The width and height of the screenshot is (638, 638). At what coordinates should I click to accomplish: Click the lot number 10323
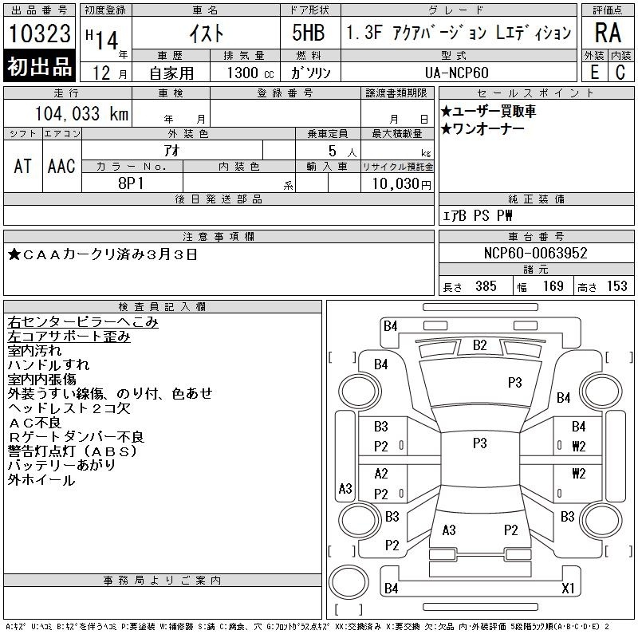[39, 33]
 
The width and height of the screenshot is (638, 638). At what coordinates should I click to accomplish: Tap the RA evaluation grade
[608, 33]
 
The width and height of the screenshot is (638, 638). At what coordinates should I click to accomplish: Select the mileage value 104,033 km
[81, 113]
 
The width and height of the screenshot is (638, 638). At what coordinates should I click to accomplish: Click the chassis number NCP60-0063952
[535, 253]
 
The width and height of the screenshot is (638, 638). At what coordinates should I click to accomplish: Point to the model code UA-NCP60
[456, 73]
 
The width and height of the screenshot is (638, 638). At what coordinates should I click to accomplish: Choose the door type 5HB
[309, 33]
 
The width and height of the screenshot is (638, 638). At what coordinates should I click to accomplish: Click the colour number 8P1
[131, 183]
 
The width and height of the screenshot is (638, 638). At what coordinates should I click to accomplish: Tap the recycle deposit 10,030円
[401, 184]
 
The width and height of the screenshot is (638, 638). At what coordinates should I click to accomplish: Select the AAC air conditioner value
[61, 167]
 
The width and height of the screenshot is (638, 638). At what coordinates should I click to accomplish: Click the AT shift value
[22, 167]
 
